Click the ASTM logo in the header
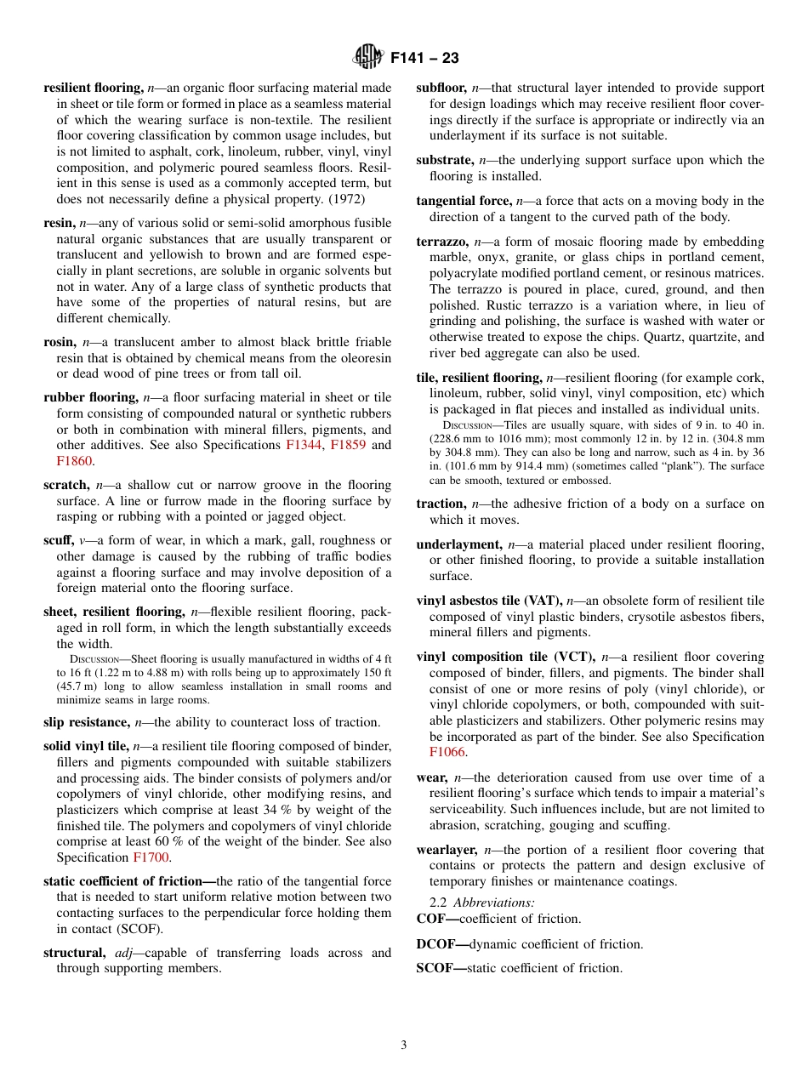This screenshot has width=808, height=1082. click(368, 58)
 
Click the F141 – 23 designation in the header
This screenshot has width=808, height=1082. click(424, 59)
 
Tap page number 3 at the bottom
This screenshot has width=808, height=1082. click(404, 1045)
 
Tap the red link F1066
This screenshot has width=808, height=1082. click(447, 753)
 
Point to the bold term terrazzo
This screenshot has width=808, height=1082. click(442, 242)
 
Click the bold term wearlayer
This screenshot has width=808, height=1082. click(447, 850)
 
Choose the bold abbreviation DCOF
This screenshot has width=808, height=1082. click(437, 944)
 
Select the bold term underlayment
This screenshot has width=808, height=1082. click(458, 544)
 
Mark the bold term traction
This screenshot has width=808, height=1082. click(440, 504)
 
